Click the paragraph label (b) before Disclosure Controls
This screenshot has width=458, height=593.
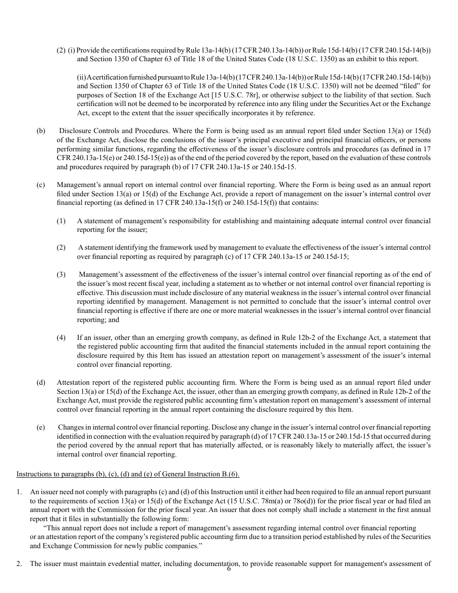click(x=40, y=131)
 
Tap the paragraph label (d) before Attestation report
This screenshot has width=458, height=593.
click(x=40, y=383)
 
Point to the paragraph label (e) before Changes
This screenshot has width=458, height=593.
click(x=40, y=428)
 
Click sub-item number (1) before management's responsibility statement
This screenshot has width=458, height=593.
click(x=61, y=221)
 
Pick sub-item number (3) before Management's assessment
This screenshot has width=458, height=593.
click(x=61, y=275)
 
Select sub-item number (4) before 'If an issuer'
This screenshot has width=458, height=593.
click(x=61, y=337)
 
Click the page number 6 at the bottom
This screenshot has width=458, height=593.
click(x=229, y=569)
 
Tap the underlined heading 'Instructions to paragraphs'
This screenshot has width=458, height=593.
click(x=128, y=474)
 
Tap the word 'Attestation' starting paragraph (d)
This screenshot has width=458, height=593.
click(x=73, y=383)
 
